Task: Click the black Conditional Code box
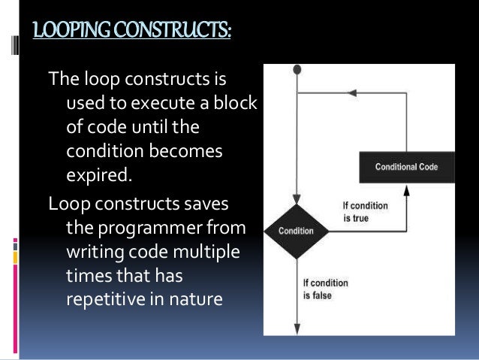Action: tap(406, 167)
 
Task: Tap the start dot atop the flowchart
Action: tap(298, 69)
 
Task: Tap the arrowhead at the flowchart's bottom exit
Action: tap(298, 329)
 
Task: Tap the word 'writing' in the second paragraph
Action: tap(94, 247)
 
